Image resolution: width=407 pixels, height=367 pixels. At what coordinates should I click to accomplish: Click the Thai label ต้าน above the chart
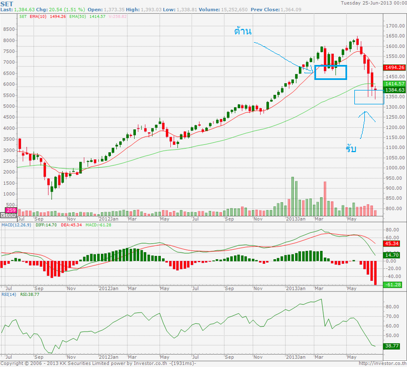[242, 31]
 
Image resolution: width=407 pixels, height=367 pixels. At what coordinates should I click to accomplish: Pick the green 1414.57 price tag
[395, 83]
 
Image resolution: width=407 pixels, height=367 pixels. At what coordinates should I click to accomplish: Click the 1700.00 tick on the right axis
[395, 26]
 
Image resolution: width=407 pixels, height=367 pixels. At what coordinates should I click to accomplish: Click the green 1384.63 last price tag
[395, 89]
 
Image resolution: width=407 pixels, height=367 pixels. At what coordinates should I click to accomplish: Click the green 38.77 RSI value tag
[393, 345]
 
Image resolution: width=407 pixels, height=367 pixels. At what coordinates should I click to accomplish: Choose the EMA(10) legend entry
[39, 17]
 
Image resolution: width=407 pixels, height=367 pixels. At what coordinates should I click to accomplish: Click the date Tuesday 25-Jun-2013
[374, 3]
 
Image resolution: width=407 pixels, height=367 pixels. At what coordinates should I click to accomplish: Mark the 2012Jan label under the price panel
[106, 219]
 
